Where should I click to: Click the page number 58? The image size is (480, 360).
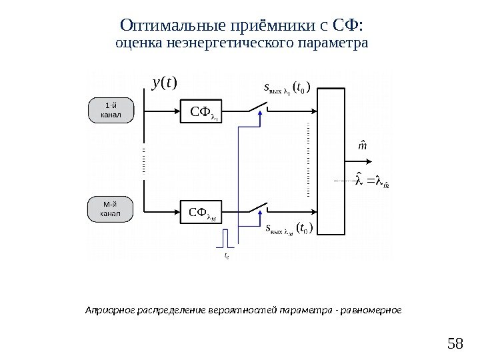click(x=455, y=344)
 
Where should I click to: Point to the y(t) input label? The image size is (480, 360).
click(x=164, y=83)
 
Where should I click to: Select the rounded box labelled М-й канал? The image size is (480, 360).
click(x=111, y=209)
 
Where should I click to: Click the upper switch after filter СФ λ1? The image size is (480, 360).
click(x=257, y=108)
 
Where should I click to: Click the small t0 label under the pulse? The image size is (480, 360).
click(x=227, y=255)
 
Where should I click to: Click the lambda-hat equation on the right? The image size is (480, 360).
click(x=373, y=181)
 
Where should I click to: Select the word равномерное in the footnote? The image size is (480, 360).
click(x=373, y=311)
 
